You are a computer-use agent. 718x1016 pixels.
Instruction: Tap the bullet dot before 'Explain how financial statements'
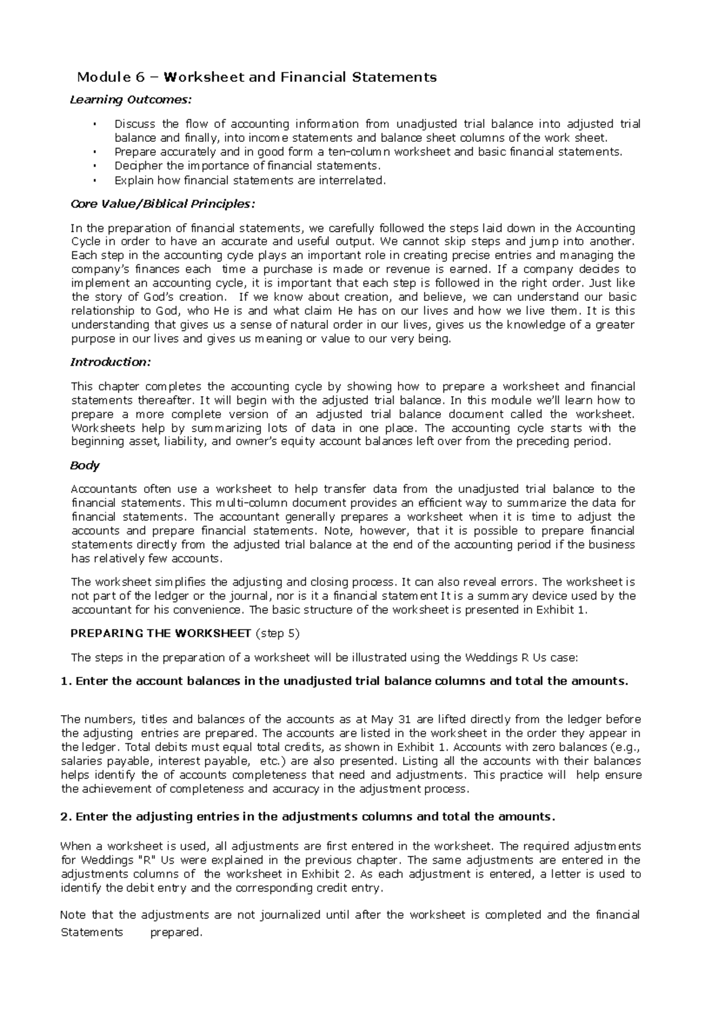point(95,180)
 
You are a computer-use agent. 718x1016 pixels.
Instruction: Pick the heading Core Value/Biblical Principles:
point(163,204)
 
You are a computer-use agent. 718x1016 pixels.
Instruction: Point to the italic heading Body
point(85,465)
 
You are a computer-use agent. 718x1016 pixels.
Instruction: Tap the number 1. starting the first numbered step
point(66,681)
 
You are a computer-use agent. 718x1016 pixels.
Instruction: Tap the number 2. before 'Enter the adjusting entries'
point(66,817)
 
